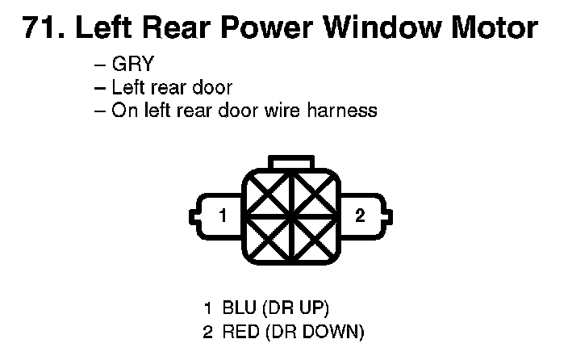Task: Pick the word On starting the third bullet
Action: tap(123, 111)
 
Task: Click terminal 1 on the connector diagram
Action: tap(223, 216)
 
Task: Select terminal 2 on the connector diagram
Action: tap(360, 216)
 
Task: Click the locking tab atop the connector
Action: tap(291, 163)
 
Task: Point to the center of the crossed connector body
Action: tap(291, 216)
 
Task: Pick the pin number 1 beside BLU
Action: tap(208, 308)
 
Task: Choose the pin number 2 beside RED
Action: tap(208, 330)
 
